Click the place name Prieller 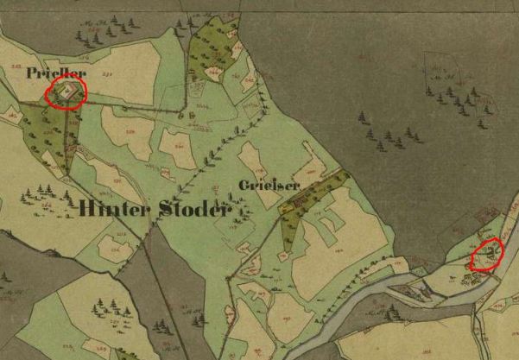click(x=56, y=74)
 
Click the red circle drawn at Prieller click(x=66, y=93)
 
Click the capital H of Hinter click(x=86, y=208)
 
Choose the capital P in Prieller click(x=32, y=74)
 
